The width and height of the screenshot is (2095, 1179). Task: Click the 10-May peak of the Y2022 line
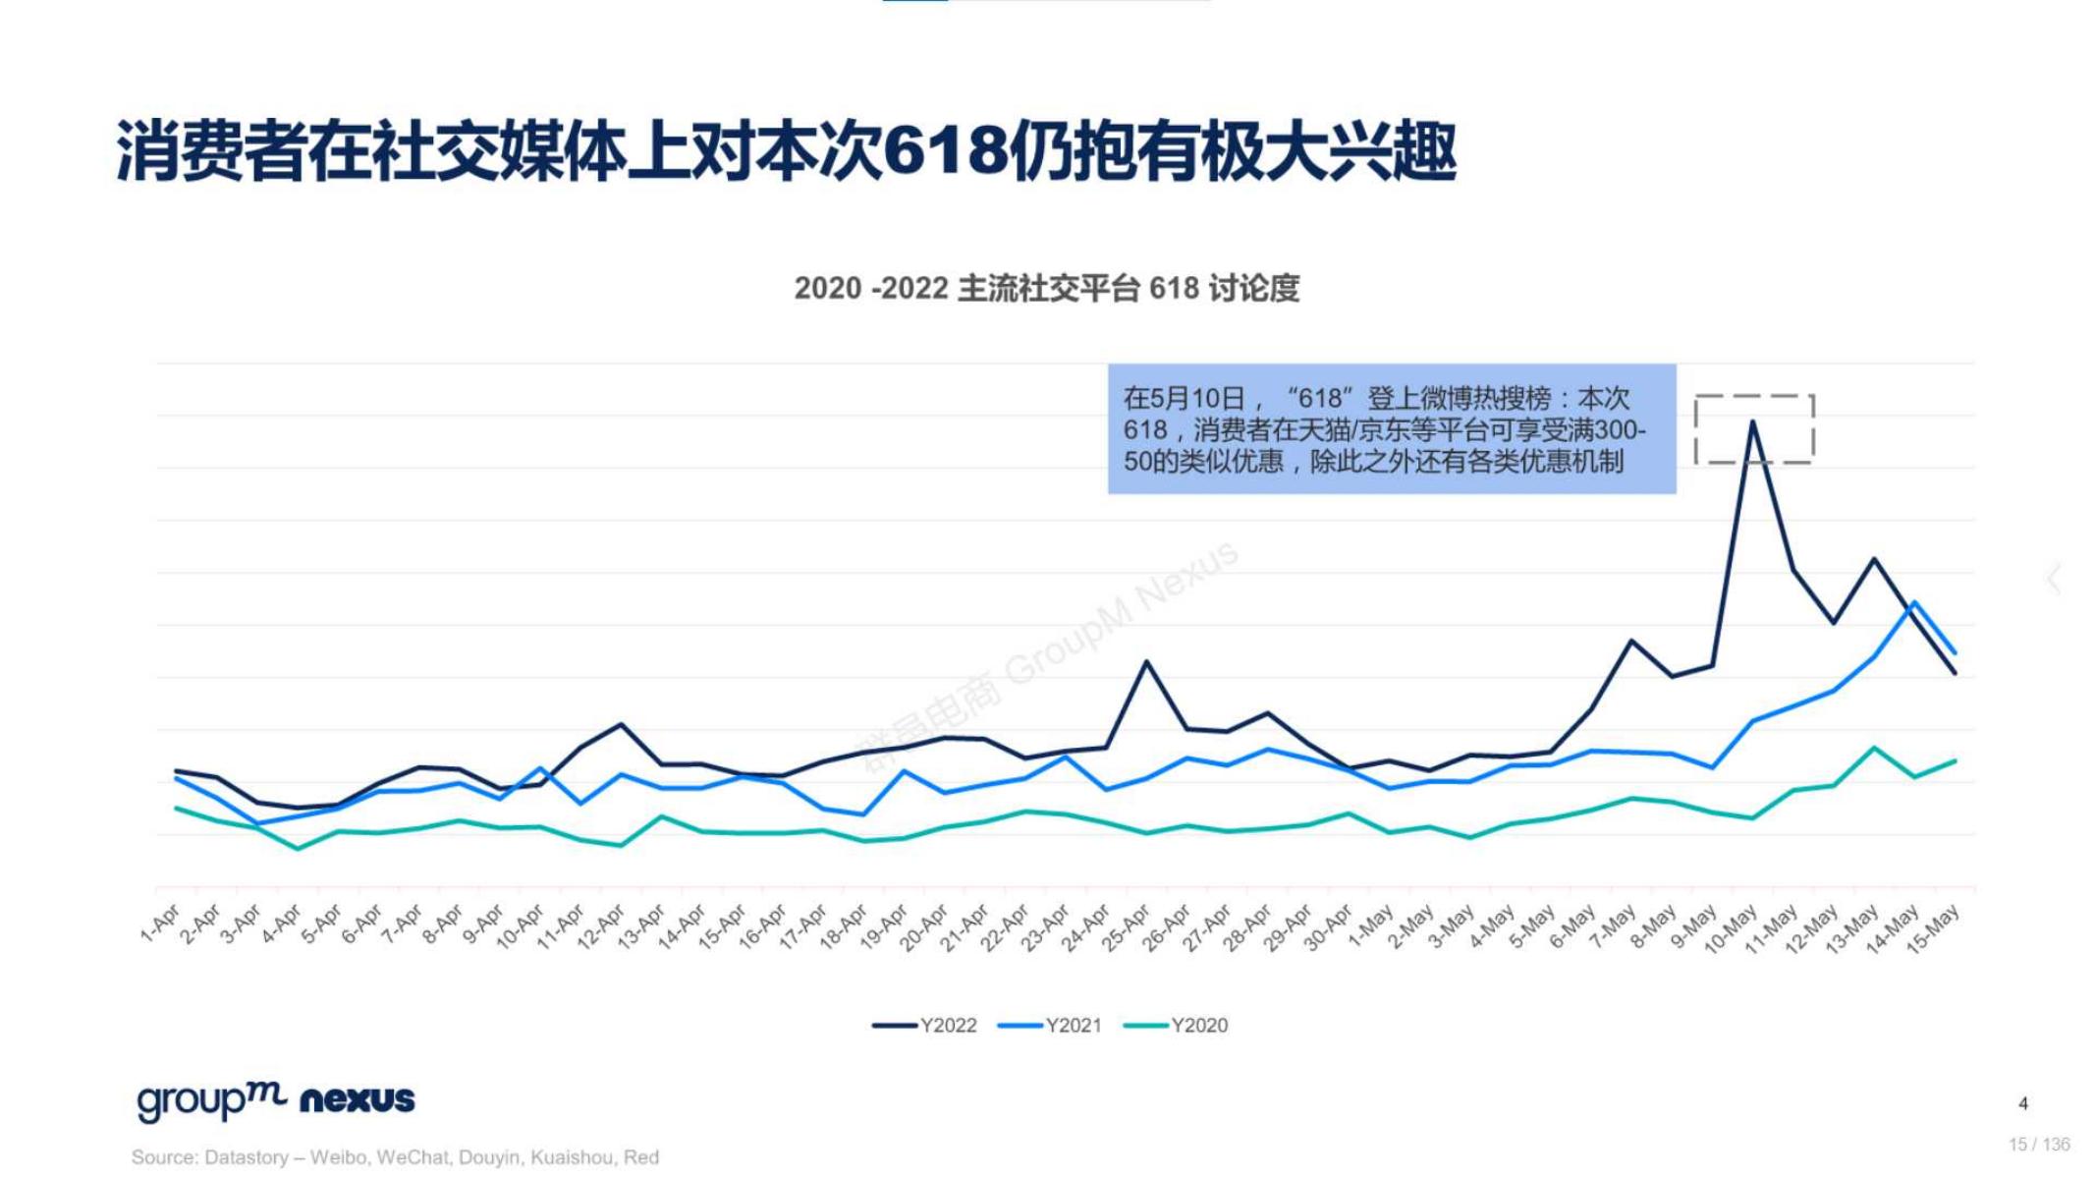coord(1753,422)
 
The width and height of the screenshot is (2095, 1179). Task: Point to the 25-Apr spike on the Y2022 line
coord(1146,662)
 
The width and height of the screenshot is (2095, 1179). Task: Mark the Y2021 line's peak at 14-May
coord(1914,602)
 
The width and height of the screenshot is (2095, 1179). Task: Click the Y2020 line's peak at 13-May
coord(1874,749)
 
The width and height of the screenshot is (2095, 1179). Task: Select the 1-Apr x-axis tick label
coord(160,925)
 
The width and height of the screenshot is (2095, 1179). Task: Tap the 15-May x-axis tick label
coord(1933,928)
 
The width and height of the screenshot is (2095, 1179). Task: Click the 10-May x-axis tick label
coord(1731,929)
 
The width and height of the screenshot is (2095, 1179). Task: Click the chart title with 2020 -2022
coord(1046,289)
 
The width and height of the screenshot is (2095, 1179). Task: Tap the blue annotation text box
coord(1391,429)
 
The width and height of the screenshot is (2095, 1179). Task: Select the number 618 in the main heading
coord(945,152)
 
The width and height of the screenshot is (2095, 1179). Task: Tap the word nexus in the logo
coord(357,1099)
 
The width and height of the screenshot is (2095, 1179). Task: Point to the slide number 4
coord(2023,1103)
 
